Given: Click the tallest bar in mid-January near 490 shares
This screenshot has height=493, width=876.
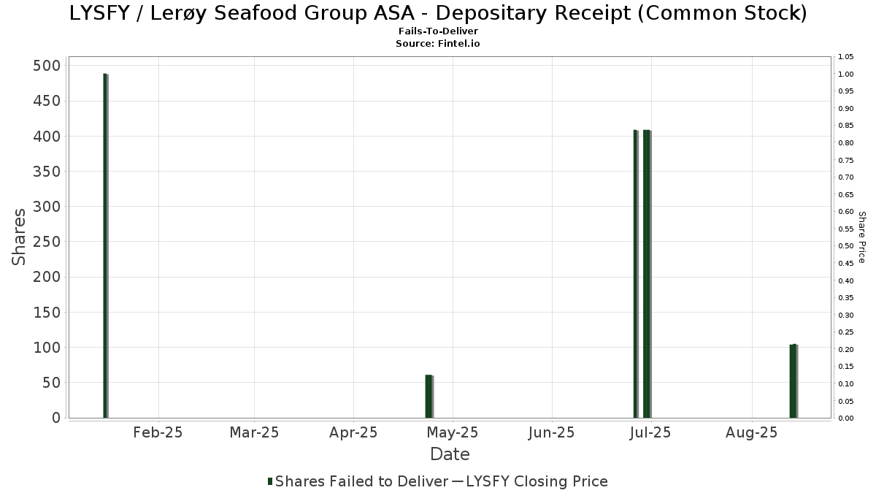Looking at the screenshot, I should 105,245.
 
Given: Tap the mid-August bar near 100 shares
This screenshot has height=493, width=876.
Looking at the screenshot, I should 794,381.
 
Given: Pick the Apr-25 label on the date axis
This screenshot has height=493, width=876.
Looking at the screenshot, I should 353,432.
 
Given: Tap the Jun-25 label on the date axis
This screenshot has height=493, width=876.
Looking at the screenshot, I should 551,432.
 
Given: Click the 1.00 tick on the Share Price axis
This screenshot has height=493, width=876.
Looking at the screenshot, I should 846,74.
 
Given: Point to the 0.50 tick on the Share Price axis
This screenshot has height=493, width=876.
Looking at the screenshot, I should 846,246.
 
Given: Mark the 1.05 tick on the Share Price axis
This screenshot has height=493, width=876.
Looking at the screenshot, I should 846,57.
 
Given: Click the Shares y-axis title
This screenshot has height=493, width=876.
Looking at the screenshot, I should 19,237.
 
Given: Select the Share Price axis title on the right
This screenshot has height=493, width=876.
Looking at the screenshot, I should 862,237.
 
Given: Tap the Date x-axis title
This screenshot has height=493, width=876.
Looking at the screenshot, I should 450,454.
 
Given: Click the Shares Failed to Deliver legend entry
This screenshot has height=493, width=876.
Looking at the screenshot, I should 358,481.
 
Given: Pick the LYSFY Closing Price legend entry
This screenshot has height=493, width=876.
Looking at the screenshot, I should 537,481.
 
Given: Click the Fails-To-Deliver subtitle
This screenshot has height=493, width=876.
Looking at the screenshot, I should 438,31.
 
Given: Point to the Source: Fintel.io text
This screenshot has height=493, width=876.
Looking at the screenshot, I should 438,44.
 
